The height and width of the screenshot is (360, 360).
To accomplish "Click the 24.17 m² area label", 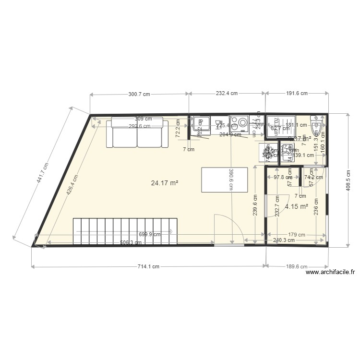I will (x=165, y=183).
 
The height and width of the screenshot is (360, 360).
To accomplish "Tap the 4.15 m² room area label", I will (x=296, y=207).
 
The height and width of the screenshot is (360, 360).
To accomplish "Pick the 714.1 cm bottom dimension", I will (x=148, y=267).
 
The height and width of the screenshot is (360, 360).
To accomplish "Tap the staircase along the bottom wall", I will (x=125, y=231).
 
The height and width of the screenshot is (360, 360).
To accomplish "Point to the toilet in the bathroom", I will (x=317, y=127).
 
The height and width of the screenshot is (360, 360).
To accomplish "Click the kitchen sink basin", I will (x=200, y=124).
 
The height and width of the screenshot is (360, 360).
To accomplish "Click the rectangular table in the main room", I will (x=225, y=179).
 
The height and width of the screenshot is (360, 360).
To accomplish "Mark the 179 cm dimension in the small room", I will (x=296, y=235).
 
